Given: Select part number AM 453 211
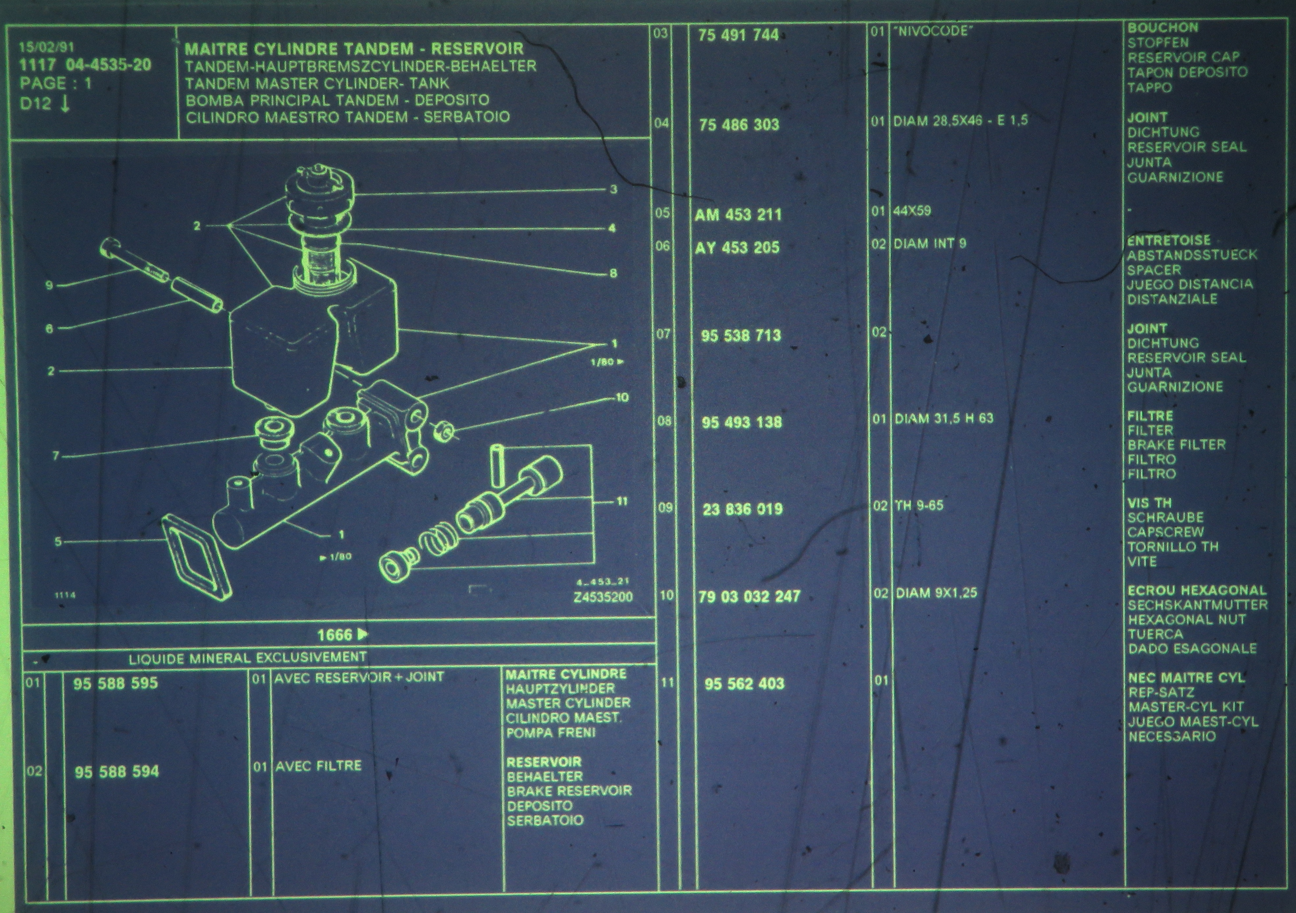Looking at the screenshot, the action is (738, 214).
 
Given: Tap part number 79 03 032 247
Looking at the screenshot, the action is (749, 597).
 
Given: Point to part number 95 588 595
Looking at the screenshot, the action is (116, 683).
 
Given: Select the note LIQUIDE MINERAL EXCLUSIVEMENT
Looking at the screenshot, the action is (248, 657).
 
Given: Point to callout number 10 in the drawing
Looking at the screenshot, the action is (622, 398).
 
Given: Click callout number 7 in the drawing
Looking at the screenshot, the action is (55, 456).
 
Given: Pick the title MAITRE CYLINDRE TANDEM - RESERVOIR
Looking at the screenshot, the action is (354, 49).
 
